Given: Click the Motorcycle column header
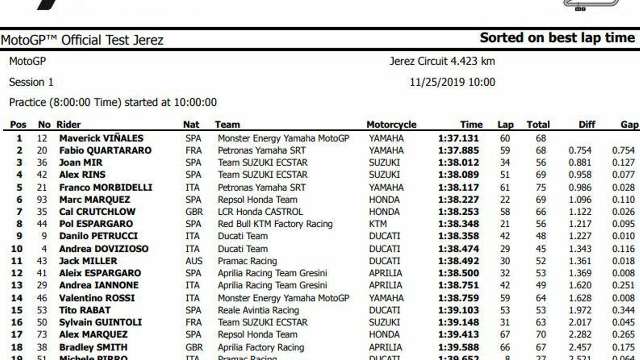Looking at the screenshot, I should (391, 125).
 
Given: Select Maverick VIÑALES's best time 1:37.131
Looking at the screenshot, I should (458, 138).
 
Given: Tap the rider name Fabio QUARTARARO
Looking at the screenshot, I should (105, 150).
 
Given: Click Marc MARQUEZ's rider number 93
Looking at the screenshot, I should (42, 200).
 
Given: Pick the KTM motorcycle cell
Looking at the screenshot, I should (378, 224).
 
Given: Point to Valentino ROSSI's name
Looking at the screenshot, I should (97, 298).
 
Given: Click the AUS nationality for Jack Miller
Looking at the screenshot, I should (194, 261).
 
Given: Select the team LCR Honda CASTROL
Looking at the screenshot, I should (260, 212).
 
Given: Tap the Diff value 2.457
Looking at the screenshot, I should (580, 347).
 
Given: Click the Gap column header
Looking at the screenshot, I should (629, 125).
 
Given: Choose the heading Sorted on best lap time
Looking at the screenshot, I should (557, 38).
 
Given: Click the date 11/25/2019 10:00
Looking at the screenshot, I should (452, 82).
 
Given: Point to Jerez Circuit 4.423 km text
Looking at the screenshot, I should (442, 61).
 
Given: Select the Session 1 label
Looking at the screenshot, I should (31, 82).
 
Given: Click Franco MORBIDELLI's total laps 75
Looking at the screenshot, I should (541, 188).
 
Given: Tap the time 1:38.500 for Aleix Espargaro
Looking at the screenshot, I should (458, 273).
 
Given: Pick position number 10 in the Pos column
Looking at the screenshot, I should (17, 249).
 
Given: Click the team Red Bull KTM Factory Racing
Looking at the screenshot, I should (275, 224).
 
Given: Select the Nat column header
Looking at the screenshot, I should (191, 125).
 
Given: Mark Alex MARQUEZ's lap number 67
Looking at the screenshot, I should (505, 334).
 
